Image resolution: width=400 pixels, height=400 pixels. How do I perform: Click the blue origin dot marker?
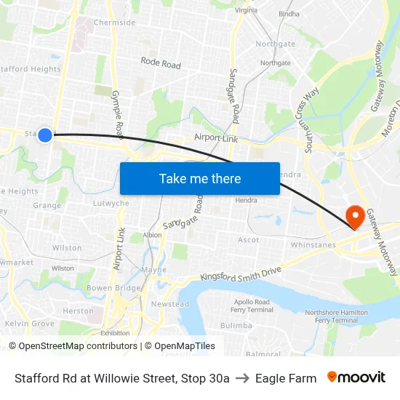point(45,135)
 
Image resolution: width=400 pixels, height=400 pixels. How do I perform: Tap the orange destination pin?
point(355,216)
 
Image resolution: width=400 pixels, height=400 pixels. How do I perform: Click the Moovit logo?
point(356,377)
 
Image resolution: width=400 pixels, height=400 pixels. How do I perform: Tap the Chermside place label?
point(115,23)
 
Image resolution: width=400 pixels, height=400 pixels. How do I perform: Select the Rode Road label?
point(161,64)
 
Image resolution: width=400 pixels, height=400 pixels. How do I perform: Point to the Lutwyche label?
point(111,203)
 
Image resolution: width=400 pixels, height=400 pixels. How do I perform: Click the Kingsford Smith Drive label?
point(241,273)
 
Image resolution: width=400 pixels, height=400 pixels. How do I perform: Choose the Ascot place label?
point(248,239)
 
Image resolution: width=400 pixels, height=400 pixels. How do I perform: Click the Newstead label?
point(169,304)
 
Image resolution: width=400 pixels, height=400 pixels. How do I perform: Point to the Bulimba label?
point(235,326)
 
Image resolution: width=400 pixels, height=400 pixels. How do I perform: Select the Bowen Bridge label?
point(113,288)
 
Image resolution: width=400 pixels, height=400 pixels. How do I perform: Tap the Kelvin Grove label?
point(30,323)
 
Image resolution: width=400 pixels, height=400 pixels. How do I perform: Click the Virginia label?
point(247,10)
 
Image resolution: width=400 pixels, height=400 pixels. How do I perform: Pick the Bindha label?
point(289,14)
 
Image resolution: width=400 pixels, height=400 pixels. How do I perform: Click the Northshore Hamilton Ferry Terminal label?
point(331,316)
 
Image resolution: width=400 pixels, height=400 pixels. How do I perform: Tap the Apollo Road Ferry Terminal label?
point(251,305)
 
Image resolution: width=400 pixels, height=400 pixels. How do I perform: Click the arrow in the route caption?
point(242,378)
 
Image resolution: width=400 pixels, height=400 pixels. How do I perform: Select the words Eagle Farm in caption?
point(286,378)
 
